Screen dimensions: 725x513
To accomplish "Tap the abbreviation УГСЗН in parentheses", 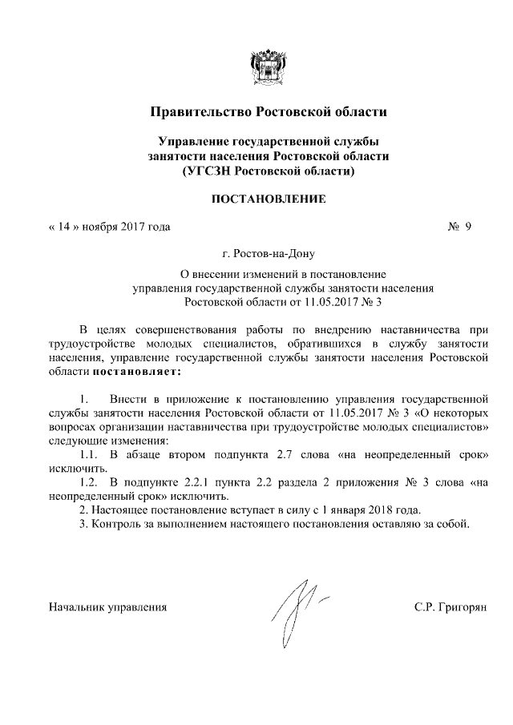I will (212, 171).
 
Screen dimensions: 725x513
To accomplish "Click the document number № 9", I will (458, 227).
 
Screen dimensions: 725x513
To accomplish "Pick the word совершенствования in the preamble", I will (170, 328).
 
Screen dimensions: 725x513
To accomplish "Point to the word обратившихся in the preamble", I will (318, 343).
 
